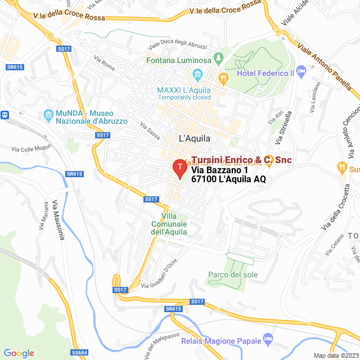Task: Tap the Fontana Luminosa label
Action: click(179, 60)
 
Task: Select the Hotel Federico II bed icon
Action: click(301, 73)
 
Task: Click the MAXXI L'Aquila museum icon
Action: click(197, 74)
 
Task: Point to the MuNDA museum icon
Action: click(48, 116)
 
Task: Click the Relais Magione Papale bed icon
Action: click(268, 340)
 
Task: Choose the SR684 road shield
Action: click(79, 353)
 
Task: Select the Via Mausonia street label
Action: click(58, 219)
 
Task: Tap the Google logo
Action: click(19, 353)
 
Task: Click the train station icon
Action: click(5, 115)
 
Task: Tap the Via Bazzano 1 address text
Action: click(219, 170)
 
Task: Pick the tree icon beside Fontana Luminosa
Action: click(218, 58)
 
